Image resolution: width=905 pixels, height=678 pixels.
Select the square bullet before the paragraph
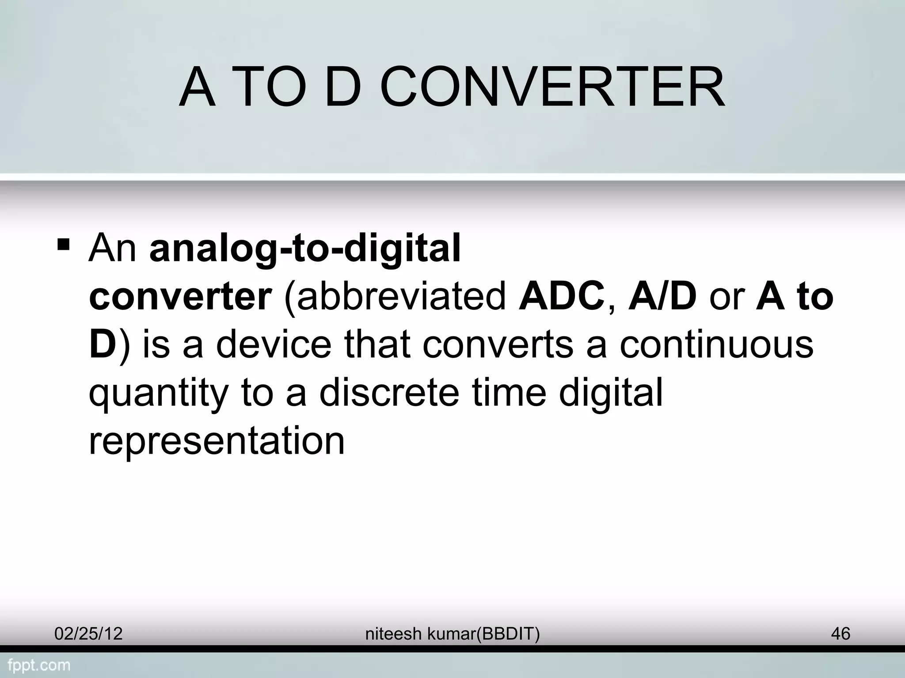tap(64, 244)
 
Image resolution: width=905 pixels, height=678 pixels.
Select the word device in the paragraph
tap(274, 345)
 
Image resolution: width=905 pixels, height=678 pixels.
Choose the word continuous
tap(716, 345)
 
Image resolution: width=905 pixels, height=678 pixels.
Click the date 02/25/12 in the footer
tap(88, 634)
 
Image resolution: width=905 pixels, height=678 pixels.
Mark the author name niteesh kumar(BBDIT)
tap(452, 634)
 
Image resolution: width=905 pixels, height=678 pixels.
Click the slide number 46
tap(840, 634)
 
